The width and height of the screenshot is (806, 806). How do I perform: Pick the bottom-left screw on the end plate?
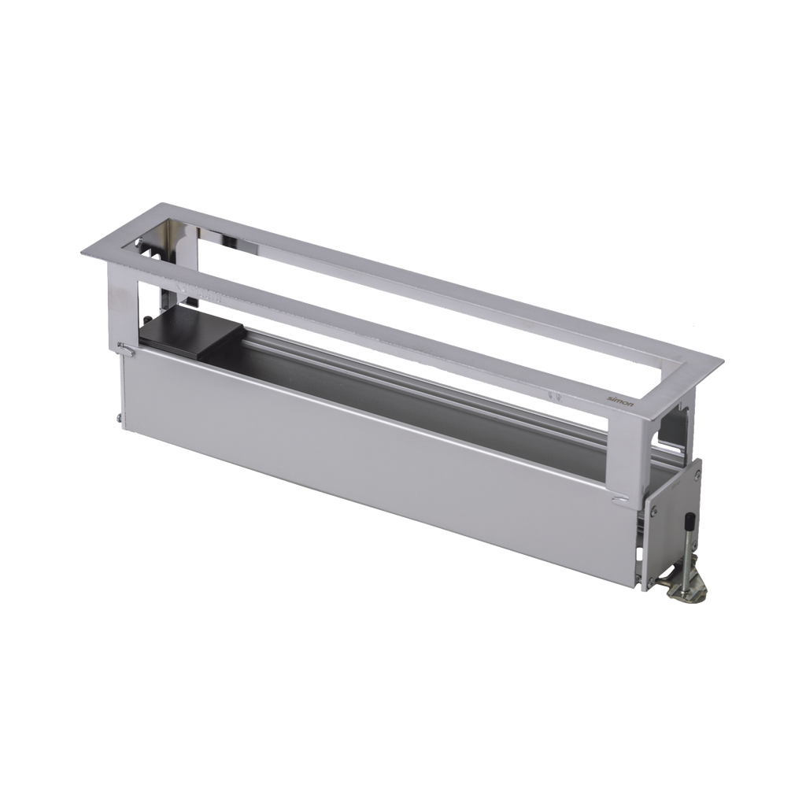(x=652, y=582)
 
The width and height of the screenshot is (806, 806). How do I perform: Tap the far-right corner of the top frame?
(x=723, y=360)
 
